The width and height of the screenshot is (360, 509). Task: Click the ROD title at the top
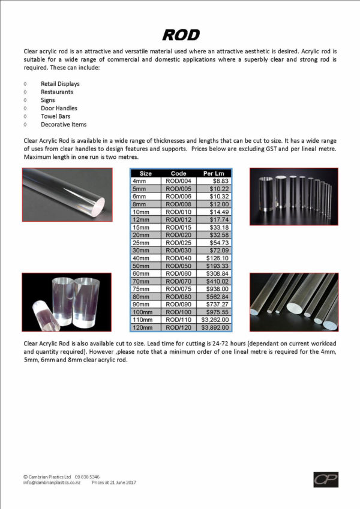pos(181,34)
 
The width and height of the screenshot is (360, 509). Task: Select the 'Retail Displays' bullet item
pos(60,84)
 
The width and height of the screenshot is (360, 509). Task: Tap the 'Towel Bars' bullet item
pos(56,116)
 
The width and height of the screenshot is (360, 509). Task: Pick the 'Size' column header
pos(145,173)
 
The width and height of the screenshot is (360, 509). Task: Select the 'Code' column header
pos(179,173)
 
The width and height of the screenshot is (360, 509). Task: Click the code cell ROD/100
pos(179,312)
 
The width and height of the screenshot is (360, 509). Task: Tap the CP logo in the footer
pos(325,479)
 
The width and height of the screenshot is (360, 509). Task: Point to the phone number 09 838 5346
pos(87,476)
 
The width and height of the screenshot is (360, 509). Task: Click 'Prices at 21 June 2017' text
pos(113,482)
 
